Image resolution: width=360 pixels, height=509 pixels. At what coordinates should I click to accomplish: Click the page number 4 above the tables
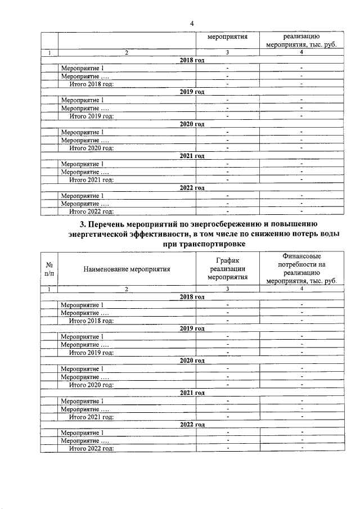click(192, 23)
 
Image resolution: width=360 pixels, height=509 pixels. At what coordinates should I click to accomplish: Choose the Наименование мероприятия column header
click(127, 269)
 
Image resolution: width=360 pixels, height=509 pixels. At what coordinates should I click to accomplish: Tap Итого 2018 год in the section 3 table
click(91, 321)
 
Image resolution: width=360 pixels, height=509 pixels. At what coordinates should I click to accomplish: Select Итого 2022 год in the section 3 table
click(91, 448)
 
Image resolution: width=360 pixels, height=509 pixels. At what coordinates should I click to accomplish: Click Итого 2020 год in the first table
click(91, 148)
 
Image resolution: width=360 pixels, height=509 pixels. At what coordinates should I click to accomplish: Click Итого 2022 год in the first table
click(91, 212)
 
